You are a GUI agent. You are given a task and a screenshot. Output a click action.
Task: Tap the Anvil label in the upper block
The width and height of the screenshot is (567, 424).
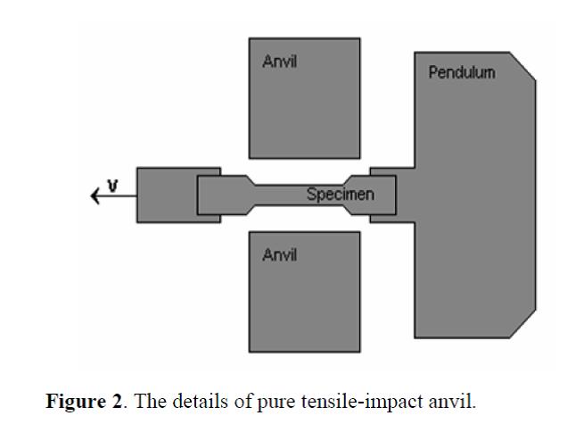pos(279,62)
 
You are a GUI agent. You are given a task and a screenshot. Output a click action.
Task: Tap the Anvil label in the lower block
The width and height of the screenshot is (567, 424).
pos(279,255)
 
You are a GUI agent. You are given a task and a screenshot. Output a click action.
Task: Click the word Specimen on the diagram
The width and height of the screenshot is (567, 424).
pos(340,194)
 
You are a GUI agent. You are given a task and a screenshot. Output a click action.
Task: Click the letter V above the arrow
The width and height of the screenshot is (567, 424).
pos(112,185)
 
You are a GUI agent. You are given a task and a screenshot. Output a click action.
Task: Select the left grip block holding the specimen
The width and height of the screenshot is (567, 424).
pos(165,194)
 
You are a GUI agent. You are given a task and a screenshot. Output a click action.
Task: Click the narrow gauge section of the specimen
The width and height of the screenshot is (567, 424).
pos(285,194)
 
